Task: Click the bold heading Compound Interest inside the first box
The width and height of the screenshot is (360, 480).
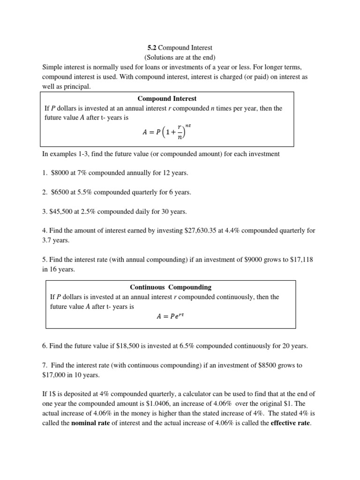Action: click(167, 98)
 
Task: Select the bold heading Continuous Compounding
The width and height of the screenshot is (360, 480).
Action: click(171, 287)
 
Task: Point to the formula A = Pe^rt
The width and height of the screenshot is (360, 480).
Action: click(170, 316)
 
